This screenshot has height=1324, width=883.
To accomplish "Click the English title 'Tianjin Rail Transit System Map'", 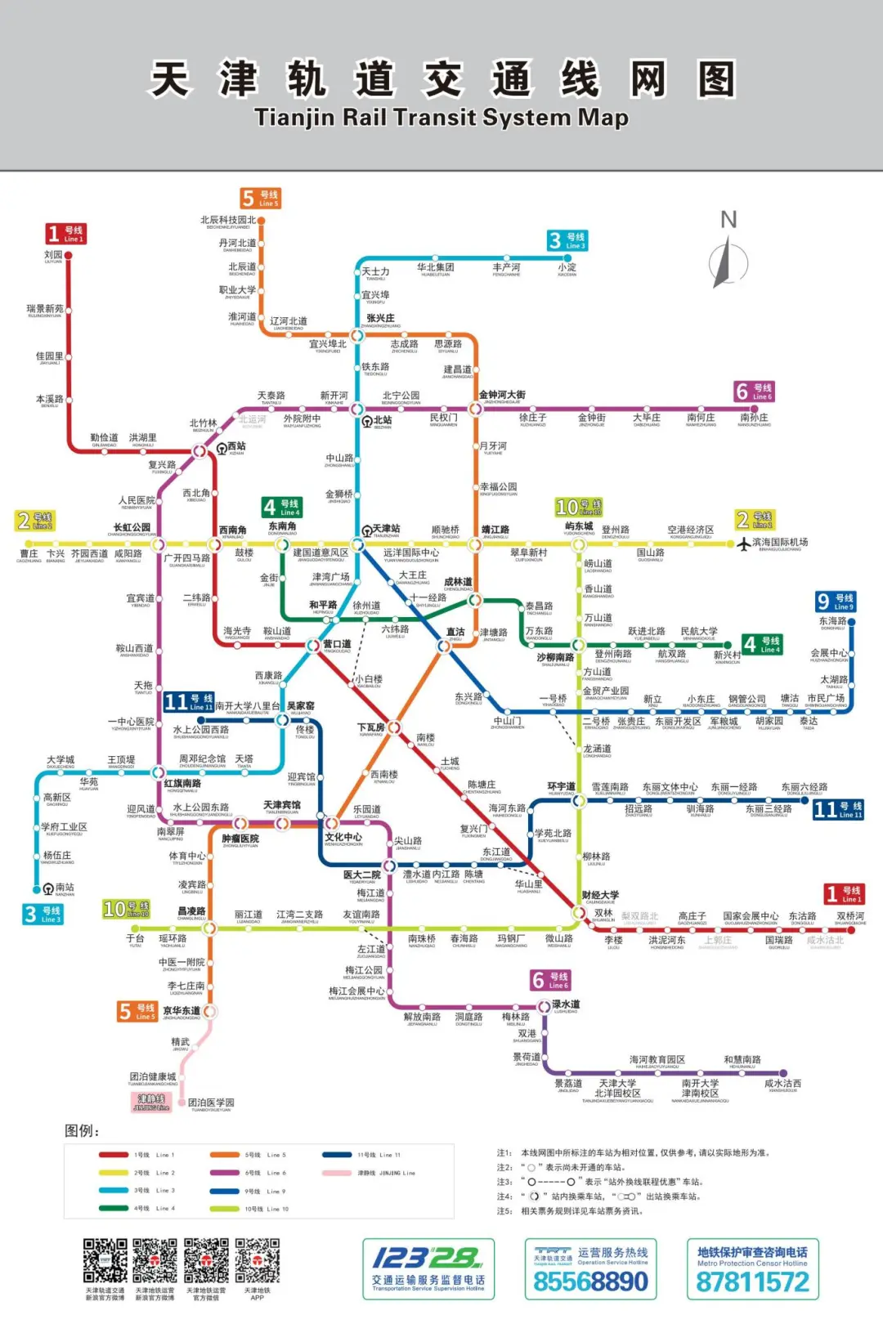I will click(441, 118).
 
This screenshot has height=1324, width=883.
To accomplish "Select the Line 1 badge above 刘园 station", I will click(65, 234).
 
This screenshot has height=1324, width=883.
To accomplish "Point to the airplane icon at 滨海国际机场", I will click(743, 543).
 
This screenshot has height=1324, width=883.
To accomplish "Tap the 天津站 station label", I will click(386, 529).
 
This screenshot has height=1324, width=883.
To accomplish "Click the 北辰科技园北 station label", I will click(228, 220).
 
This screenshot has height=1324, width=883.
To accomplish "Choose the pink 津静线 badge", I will click(151, 1102).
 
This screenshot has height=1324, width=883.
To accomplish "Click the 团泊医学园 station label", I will click(211, 1103).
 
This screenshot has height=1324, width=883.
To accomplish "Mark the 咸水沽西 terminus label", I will click(782, 1084).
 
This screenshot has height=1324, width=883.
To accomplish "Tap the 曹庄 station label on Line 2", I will click(29, 553).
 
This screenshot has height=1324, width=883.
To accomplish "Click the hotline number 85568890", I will click(590, 1282).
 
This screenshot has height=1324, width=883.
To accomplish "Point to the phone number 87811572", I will click(752, 1282).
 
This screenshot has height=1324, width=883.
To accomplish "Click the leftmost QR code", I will click(105, 1260).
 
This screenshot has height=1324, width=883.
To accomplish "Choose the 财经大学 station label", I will click(600, 895).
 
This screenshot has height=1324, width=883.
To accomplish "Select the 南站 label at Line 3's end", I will click(64, 887).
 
